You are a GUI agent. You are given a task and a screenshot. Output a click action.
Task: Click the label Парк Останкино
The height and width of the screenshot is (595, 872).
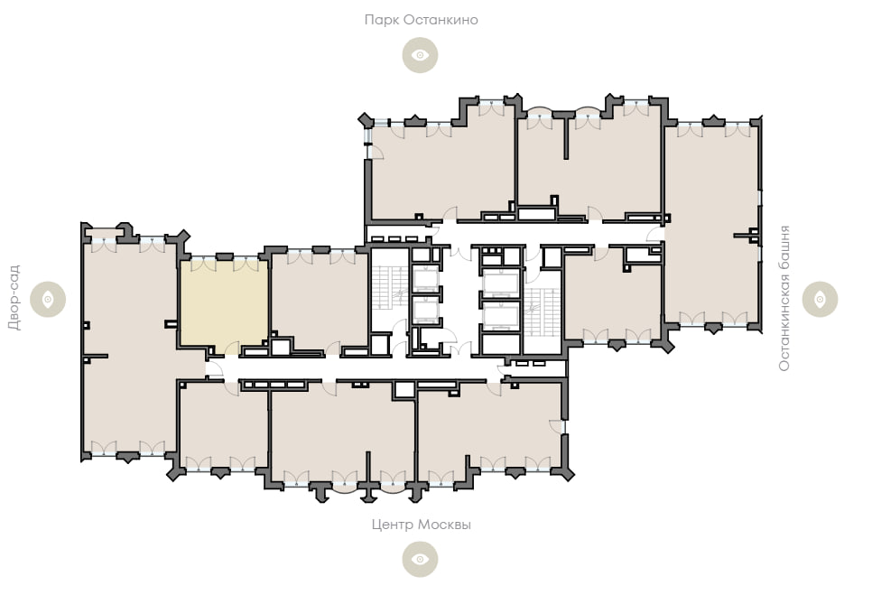coord(421,20)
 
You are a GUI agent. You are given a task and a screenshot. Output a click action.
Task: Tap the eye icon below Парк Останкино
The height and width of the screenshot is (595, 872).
coord(420,55)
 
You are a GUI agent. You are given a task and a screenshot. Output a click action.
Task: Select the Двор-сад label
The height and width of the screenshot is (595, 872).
coord(14,298)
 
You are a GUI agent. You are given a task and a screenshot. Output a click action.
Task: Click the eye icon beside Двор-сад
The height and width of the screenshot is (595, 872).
coord(48,299)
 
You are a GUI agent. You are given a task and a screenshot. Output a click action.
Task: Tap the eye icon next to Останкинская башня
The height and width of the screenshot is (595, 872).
coord(820,299)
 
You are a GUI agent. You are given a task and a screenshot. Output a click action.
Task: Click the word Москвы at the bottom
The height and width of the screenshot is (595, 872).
coord(444,525)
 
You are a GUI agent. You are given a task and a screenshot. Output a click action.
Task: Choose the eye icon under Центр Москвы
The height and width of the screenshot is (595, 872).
coord(420,559)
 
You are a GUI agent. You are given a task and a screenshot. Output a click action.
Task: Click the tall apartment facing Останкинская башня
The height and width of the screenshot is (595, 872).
coord(712,222)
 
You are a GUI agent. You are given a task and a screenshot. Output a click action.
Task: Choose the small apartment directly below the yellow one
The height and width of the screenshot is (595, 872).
coord(224,424)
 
